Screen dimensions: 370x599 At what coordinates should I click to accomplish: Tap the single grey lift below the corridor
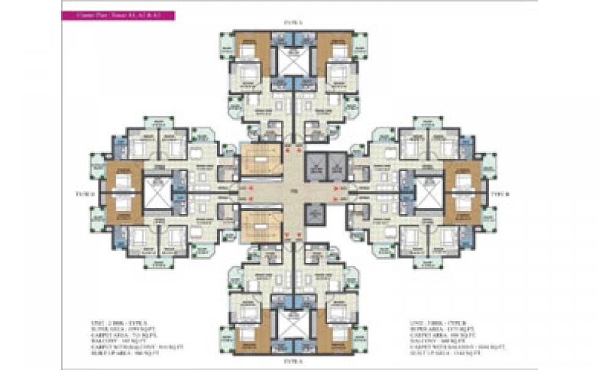(x=316, y=215)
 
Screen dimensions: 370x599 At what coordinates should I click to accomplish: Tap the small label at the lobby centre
(x=293, y=193)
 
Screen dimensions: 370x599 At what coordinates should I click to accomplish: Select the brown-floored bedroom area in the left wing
(x=123, y=193)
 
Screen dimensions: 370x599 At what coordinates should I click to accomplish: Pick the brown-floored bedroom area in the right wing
(x=462, y=193)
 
